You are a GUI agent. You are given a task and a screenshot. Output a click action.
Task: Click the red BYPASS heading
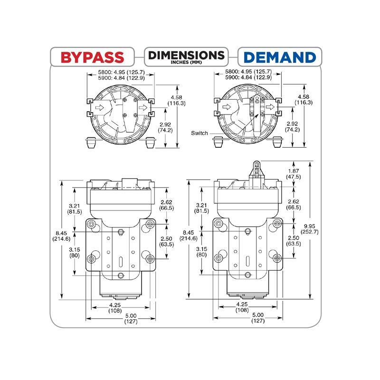[x=93, y=57]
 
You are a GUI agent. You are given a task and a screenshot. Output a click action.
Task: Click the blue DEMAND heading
[x=280, y=57]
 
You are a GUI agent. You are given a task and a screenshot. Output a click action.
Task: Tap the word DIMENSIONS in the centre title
[x=186, y=55]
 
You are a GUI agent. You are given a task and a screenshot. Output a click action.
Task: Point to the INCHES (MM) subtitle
[x=186, y=63]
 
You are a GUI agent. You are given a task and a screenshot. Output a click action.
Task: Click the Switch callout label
[x=200, y=133]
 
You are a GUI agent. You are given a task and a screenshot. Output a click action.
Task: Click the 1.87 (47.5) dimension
[x=293, y=173]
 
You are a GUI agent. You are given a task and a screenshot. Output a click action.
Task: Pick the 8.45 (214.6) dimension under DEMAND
[x=189, y=236]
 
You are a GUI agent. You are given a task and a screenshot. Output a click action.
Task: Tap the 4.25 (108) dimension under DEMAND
[x=242, y=307]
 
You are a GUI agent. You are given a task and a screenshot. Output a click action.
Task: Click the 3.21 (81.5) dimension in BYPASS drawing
[x=76, y=208]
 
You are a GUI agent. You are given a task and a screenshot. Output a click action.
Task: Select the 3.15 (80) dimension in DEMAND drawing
[x=201, y=251]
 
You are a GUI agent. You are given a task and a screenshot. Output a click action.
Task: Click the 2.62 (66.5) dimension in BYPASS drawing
[x=167, y=204]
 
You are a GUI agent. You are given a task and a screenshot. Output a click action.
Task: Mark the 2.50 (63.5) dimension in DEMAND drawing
[x=293, y=241]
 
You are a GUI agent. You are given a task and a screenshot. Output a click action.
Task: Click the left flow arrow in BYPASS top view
[x=99, y=108]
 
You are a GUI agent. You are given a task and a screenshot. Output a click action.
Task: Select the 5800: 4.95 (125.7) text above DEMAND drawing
[x=248, y=72]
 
